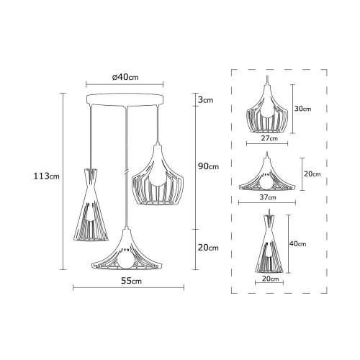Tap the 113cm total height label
point(45,174)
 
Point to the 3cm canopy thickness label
point(206,101)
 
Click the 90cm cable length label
point(207,166)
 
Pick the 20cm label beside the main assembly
point(207,247)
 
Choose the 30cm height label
point(302,109)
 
